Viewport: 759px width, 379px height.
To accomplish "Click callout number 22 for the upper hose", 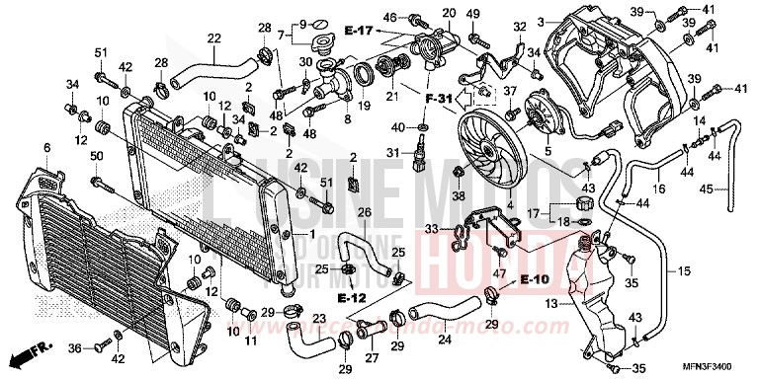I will pyautogui.click(x=213, y=38).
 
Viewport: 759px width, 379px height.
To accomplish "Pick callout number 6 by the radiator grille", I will pyautogui.click(x=46, y=148).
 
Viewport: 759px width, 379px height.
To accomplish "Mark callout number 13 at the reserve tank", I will pyautogui.click(x=550, y=304).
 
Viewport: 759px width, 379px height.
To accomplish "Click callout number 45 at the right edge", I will pyautogui.click(x=733, y=189).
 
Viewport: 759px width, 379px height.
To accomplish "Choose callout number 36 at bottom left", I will pyautogui.click(x=74, y=347).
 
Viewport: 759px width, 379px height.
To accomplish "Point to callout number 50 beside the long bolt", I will pyautogui.click(x=97, y=157).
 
